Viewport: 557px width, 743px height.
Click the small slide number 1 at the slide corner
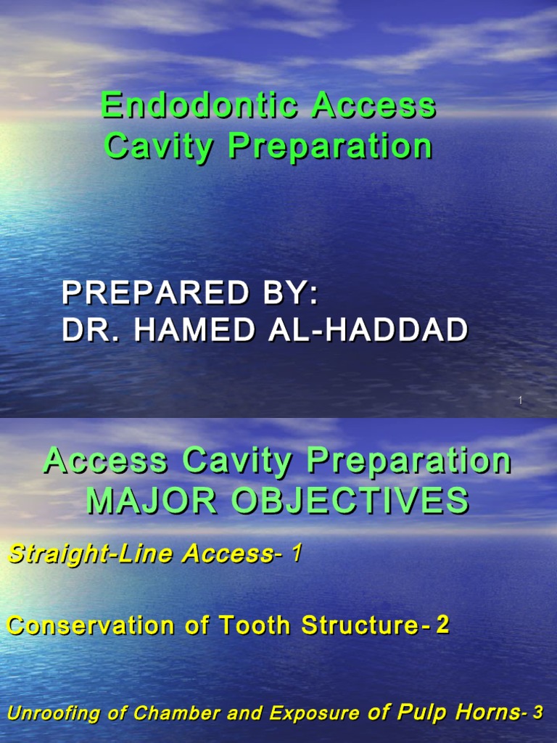point(521,401)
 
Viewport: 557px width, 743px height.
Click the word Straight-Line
point(91,555)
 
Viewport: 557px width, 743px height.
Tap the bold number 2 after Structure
point(442,625)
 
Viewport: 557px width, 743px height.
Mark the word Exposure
point(314,714)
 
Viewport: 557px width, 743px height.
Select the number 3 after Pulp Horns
point(537,713)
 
